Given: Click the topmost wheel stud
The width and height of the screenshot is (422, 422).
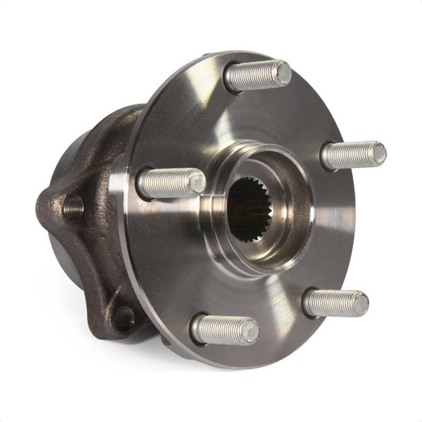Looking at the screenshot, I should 257,75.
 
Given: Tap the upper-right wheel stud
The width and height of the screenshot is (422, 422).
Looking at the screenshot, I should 353,154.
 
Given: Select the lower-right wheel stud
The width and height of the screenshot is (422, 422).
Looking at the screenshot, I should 335,302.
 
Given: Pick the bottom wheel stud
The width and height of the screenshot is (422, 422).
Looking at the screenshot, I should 225,329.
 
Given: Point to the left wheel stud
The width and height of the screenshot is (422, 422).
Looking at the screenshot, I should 170,183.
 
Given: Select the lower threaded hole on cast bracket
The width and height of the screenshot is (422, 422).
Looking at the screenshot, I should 124,317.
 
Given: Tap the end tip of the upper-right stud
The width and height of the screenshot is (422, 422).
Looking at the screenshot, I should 378,153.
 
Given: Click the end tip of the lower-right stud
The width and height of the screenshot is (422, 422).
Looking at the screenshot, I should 359,303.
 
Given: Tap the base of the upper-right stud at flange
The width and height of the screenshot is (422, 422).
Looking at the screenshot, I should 325,156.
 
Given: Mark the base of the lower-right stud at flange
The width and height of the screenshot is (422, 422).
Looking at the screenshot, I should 308,301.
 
